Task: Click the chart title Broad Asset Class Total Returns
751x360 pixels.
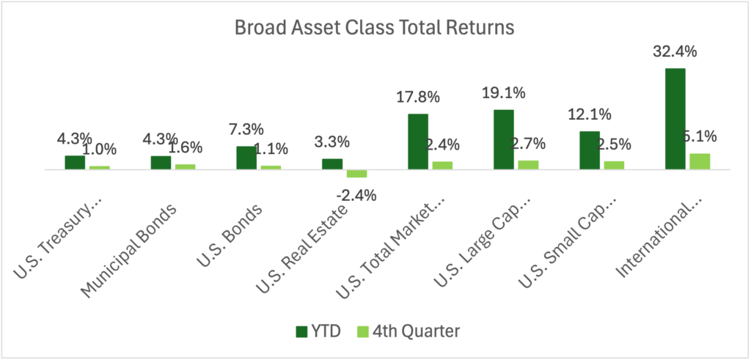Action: tap(374, 28)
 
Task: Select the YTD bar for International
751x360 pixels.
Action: tap(675, 119)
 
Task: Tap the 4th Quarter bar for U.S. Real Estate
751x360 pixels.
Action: tap(357, 174)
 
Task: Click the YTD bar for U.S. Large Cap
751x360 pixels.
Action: tap(504, 139)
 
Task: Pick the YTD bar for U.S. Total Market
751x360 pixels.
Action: tap(418, 142)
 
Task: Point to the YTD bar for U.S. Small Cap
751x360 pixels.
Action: tap(590, 150)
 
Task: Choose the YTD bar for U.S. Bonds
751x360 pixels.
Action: tap(246, 158)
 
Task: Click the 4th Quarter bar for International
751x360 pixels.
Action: tap(700, 161)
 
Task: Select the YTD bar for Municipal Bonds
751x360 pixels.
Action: tap(161, 162)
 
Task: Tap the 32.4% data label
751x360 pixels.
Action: tap(675, 52)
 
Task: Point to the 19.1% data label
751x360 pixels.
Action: tap(504, 93)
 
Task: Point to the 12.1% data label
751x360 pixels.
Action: tap(590, 115)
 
